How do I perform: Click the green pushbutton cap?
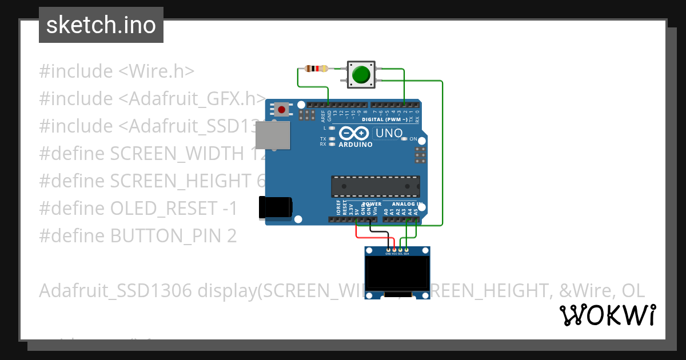point(361,74)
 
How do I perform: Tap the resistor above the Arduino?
point(316,69)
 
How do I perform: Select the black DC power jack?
point(275,207)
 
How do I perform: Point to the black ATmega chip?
point(376,186)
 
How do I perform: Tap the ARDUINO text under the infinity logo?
point(356,145)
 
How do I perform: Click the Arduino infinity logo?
point(354,134)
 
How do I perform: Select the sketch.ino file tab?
point(101,25)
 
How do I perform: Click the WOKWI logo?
point(608,315)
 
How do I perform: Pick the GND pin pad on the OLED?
point(389,250)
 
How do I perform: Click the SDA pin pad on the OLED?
point(406,250)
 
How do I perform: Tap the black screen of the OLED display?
point(398,272)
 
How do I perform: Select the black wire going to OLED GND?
point(380,231)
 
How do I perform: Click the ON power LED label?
point(413,139)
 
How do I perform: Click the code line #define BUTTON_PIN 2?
point(138,235)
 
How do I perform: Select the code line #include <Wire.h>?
point(117,71)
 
